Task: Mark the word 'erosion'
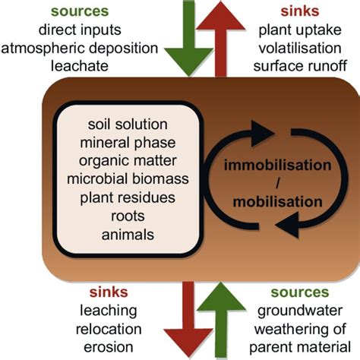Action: (115, 347)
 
